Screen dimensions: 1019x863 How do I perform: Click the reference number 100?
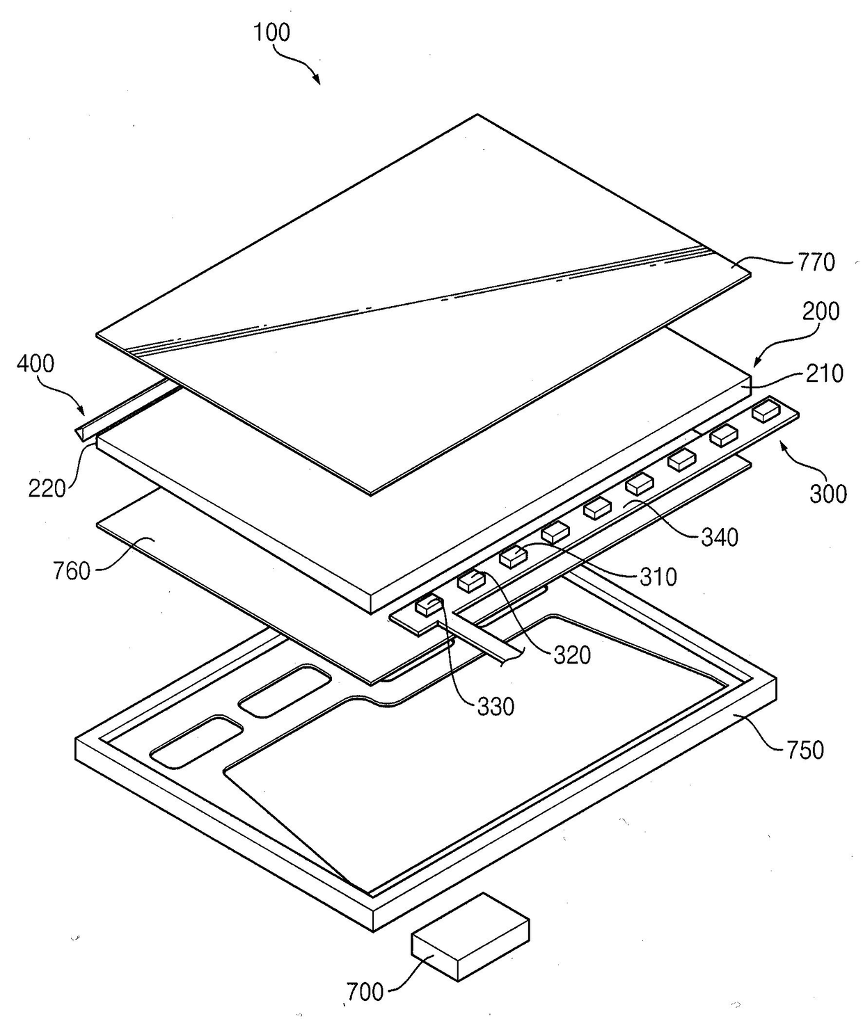[271, 33]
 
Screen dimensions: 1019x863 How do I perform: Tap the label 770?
[816, 262]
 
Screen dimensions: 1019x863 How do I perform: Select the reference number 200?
[821, 311]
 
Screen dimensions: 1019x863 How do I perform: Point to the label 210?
[825, 374]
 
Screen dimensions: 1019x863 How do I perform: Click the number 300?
[828, 494]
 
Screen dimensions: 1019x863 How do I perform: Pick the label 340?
[719, 537]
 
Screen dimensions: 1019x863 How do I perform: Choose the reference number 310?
[658, 577]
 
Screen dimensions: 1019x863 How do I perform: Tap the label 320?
[572, 655]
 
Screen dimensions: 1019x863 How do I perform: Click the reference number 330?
[496, 707]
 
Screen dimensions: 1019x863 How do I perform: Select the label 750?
[805, 750]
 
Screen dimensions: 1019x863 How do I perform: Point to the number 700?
[365, 991]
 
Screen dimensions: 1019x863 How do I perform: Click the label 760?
[72, 571]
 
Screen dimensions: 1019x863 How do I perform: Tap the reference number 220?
[47, 488]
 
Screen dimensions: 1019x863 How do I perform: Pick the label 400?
[35, 363]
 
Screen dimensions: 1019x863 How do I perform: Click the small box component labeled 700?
[470, 936]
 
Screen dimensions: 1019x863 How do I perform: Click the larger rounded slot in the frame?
[197, 742]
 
